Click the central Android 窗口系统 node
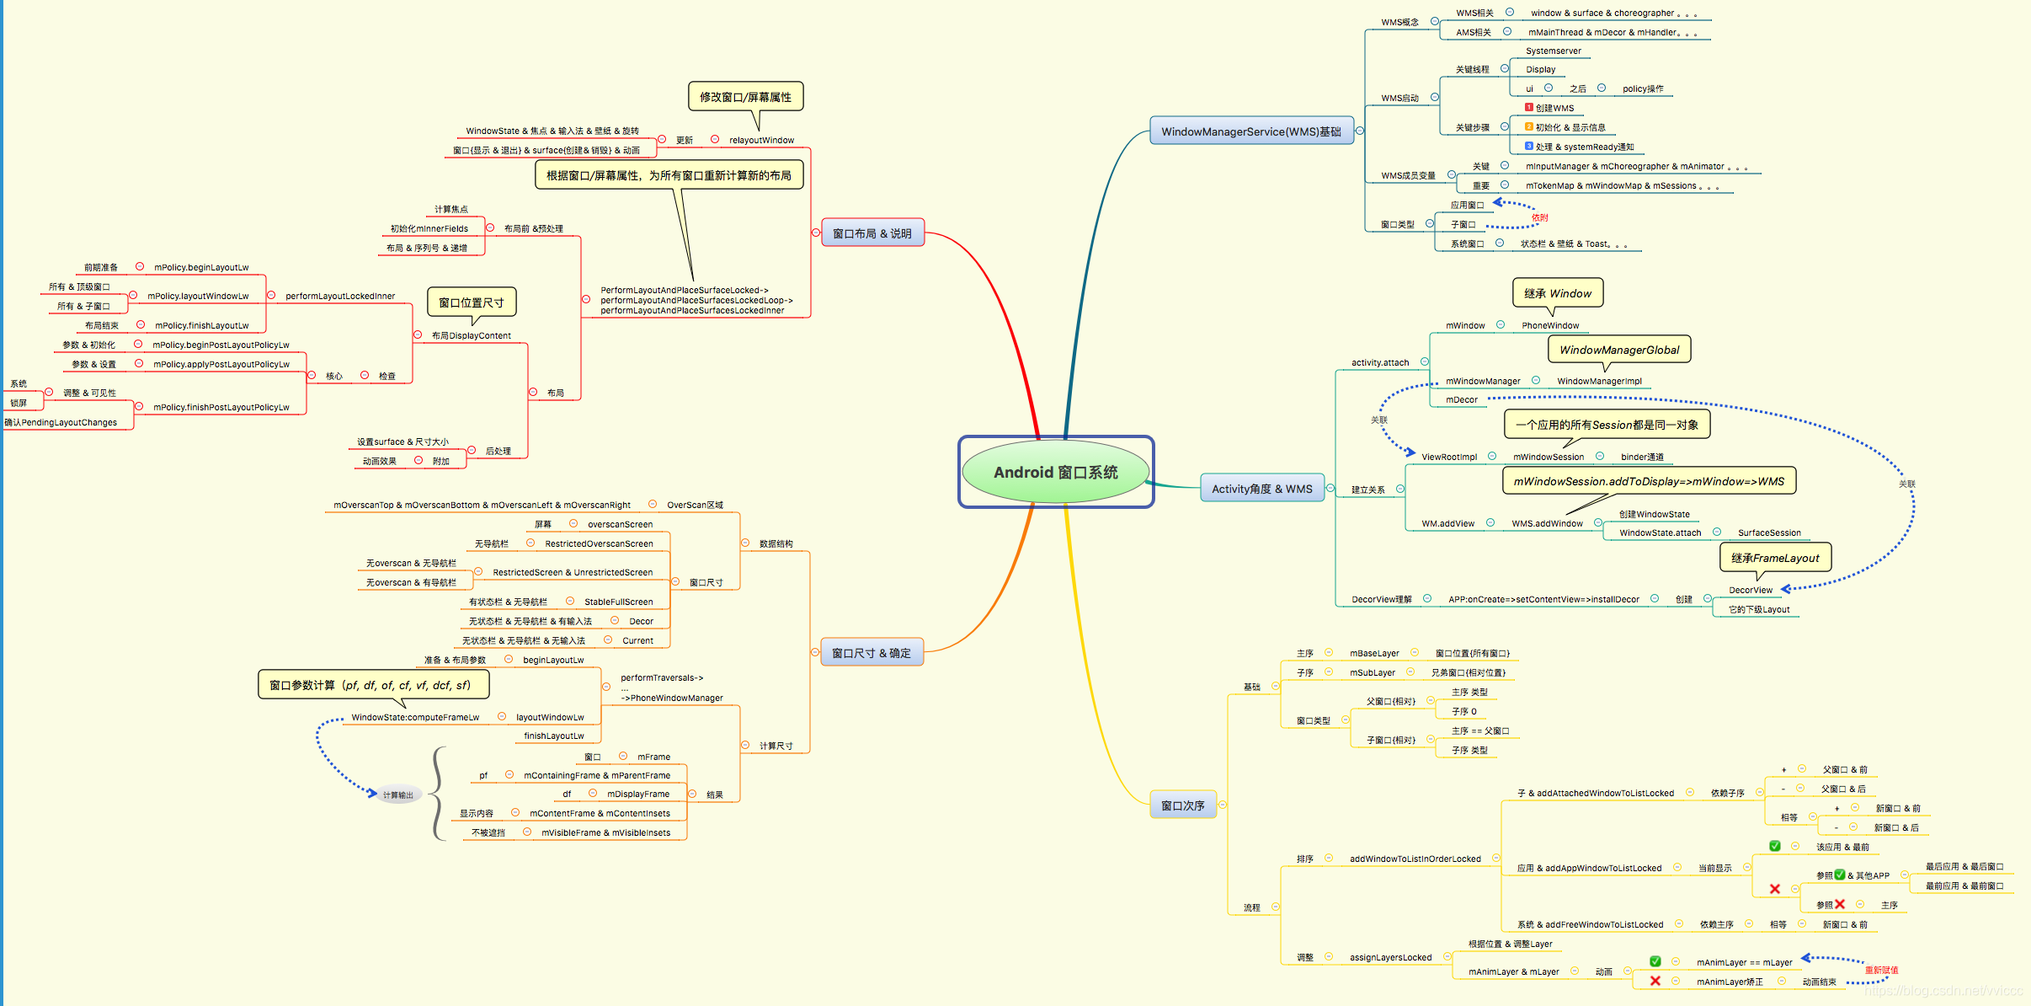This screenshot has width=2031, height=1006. tap(1055, 473)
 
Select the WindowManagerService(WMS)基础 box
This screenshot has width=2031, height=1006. tap(1250, 131)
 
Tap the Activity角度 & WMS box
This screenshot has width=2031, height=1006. tap(1261, 489)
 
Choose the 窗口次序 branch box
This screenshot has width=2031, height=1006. tap(1182, 805)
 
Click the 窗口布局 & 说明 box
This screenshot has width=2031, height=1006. tap(872, 233)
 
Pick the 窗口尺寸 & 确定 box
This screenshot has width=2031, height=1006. tap(871, 653)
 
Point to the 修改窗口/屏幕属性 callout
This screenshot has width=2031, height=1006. tap(745, 97)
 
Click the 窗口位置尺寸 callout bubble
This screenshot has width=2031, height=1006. tap(471, 302)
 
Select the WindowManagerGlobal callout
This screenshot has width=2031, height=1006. tap(1618, 350)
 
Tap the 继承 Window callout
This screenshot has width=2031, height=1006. tap(1557, 293)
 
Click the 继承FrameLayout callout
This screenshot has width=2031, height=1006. tap(1774, 558)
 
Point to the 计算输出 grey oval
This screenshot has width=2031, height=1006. tap(397, 795)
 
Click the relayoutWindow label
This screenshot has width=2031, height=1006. tap(761, 141)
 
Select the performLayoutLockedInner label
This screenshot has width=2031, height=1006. tap(339, 297)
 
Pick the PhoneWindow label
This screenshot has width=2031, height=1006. tap(1549, 326)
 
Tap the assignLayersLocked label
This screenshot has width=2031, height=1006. tap(1390, 958)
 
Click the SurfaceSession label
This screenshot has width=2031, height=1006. tap(1769, 533)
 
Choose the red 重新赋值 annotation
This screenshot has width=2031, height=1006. tap(1881, 971)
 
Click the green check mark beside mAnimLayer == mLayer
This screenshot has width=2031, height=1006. tap(1655, 961)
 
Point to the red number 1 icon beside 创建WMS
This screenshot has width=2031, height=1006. tap(1529, 108)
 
